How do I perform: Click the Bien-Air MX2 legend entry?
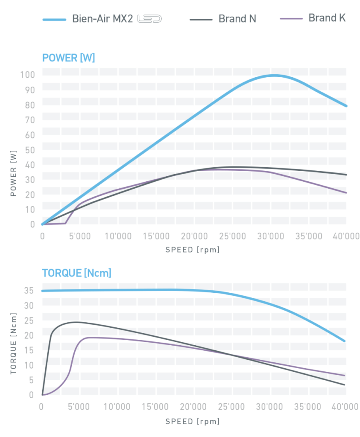pos(102,19)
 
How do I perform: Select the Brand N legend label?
pos(237,19)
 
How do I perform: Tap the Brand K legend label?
pos(327,18)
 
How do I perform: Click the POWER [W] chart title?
pos(68,58)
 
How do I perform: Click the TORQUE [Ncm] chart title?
pos(76,273)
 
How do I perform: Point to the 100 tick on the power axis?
pos(27,75)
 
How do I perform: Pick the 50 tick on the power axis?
pos(29,150)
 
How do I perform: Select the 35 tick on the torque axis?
pos(29,291)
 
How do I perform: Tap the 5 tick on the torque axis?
pos(32,380)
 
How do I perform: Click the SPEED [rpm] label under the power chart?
pos(193,250)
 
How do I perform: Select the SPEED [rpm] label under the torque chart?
pos(193,421)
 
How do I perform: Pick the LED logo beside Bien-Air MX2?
pos(149,19)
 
